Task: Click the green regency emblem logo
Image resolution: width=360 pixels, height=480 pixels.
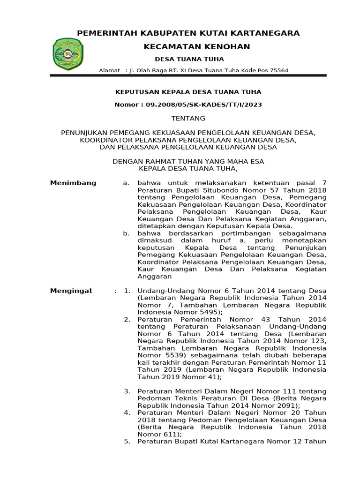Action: (68, 53)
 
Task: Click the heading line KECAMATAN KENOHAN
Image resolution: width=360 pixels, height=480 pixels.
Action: (196, 46)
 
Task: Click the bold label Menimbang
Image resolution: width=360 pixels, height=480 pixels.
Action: (73, 183)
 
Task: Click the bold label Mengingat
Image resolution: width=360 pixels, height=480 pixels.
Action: (71, 291)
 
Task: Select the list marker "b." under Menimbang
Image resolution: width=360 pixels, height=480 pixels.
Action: (126, 233)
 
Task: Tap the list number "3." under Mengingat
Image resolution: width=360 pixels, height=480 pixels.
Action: (127, 391)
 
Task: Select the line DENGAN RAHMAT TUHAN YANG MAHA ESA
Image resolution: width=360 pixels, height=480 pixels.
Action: (189, 161)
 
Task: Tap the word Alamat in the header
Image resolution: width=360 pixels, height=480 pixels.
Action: (109, 70)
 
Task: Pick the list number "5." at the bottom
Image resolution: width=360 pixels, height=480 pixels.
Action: (127, 442)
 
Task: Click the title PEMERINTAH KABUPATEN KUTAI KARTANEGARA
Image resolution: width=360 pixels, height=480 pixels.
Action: (188, 33)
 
